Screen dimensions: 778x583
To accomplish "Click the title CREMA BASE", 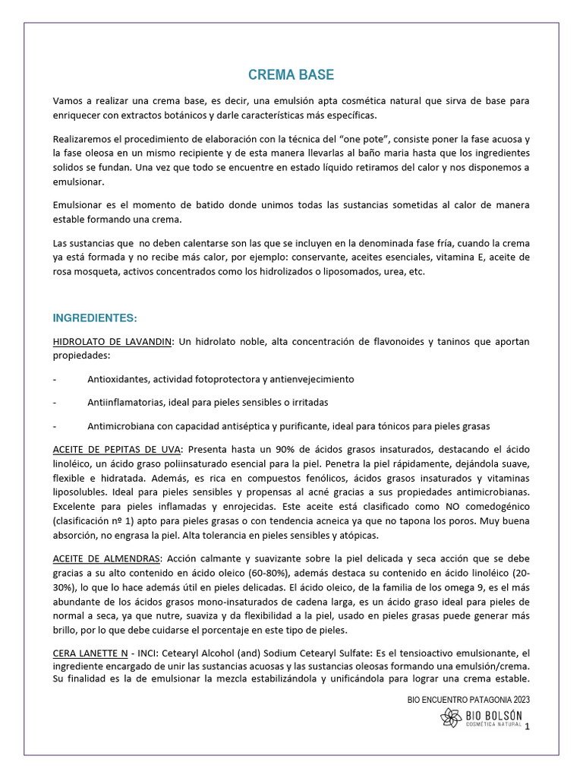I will pos(291,75).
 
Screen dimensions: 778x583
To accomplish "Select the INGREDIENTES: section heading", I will pos(96,317).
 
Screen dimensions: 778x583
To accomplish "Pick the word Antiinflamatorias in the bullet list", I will pos(126,402).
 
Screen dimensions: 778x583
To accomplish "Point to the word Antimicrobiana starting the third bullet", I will pos(124,425).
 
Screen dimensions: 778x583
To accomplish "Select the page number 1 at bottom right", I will pos(527,728).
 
